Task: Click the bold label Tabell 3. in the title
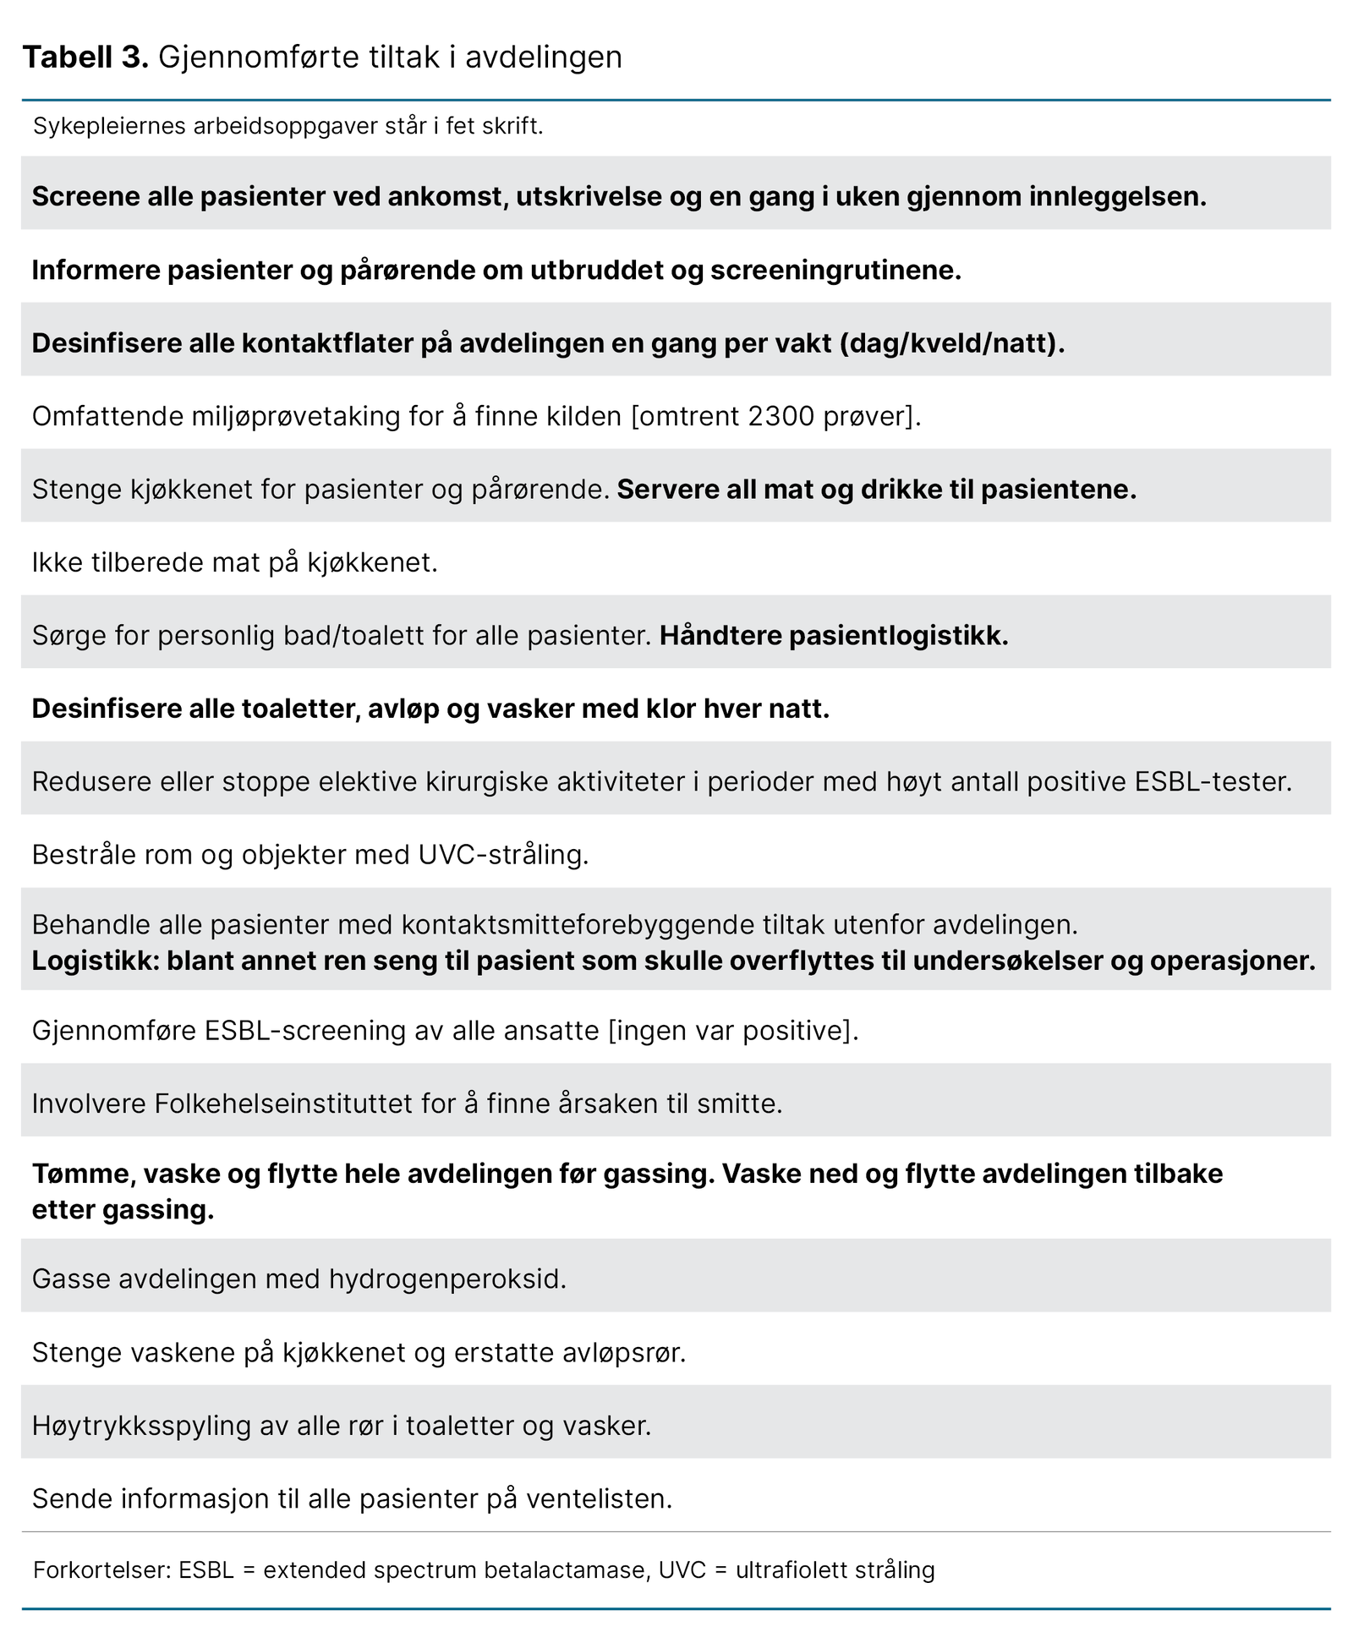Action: (x=85, y=58)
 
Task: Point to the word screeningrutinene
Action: (x=835, y=271)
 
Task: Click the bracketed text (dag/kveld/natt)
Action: (x=951, y=343)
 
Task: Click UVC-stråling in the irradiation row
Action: (x=503, y=855)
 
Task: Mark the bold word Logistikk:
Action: (x=95, y=961)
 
